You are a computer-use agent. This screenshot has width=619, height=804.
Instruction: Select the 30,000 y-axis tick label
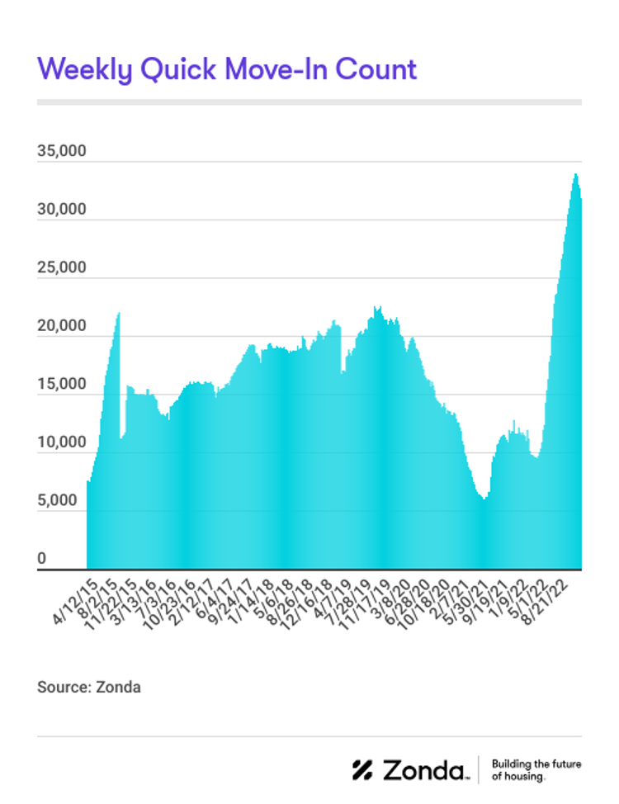coord(62,210)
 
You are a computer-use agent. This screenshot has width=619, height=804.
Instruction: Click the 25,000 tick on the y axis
coord(62,268)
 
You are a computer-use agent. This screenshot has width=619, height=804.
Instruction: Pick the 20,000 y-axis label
coord(62,326)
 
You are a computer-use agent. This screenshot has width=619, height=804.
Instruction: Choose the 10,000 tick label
coord(62,442)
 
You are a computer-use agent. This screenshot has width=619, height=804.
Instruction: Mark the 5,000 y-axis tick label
coord(64,500)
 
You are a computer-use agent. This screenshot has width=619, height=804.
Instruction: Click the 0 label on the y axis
coord(41,559)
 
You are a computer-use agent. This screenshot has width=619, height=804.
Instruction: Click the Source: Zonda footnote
coord(89,687)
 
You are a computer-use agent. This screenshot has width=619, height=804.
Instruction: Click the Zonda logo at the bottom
coord(410,770)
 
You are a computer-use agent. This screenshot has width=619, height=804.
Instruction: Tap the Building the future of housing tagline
coord(536,770)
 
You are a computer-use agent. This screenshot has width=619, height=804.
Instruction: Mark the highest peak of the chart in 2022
coord(575,174)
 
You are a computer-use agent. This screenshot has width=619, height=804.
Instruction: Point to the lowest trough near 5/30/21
coord(484,499)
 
